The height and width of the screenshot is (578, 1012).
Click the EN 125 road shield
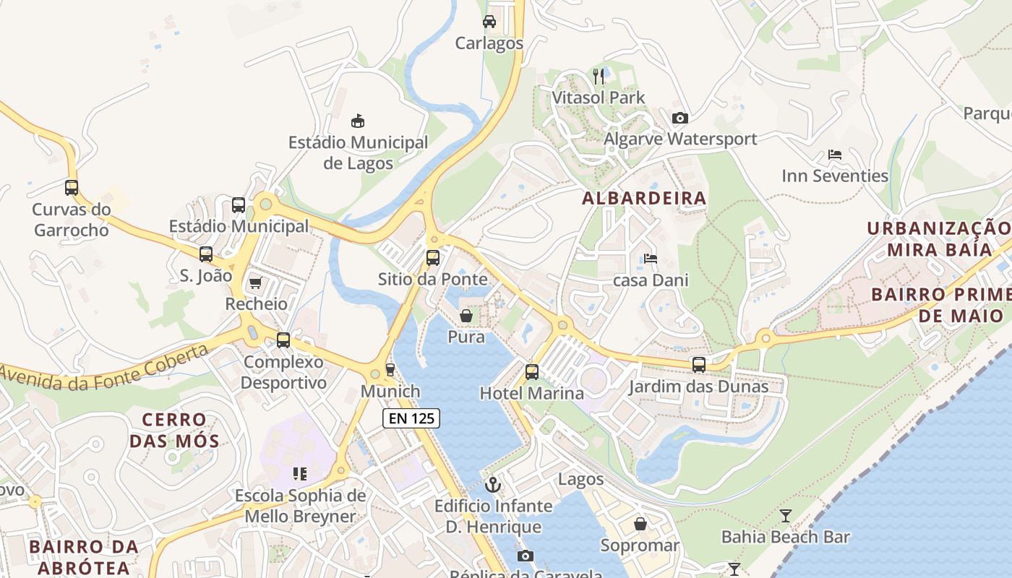pos(411,418)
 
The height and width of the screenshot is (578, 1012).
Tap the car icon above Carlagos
pos(489,21)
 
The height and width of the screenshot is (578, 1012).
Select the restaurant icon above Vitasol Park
pos(599,76)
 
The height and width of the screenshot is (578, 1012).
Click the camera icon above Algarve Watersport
pos(679,118)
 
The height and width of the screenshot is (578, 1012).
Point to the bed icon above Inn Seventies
pos(835,155)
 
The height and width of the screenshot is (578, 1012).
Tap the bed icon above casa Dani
pos(651,259)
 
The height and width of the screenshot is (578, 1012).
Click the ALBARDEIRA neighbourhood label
pos(644,198)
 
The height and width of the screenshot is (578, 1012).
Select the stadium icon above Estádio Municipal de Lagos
pos(358,121)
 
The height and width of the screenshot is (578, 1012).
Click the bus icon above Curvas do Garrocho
pos(72,188)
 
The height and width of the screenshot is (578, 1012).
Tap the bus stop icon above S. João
pos(206,254)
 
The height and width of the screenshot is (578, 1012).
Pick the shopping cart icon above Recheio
pos(255,282)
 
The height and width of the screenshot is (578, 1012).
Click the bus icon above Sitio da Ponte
pos(432,258)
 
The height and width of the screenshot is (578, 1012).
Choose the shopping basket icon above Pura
pos(466,316)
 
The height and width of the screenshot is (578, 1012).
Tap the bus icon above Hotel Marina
pos(532,372)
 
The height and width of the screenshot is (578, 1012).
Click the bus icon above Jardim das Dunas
pos(698,365)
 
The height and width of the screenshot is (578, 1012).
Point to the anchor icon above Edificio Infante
pos(493,485)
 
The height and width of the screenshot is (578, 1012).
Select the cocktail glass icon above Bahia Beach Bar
pos(786,516)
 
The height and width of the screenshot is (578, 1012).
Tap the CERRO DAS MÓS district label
pos(174,429)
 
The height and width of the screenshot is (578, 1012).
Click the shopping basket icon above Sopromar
pos(640,524)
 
